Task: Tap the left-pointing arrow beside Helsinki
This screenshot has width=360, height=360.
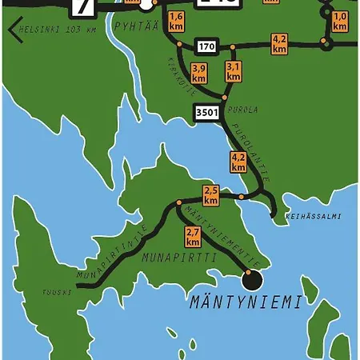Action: pyautogui.click(x=14, y=30)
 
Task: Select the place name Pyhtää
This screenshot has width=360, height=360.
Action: pyautogui.click(x=136, y=26)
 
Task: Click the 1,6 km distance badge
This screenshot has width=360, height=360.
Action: pyautogui.click(x=177, y=22)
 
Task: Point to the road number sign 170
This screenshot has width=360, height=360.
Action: pyautogui.click(x=206, y=45)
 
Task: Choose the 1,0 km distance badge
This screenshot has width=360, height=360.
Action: pyautogui.click(x=340, y=22)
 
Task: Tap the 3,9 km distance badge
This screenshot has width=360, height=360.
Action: pyautogui.click(x=199, y=73)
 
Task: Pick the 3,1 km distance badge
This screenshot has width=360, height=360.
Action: pyautogui.click(x=234, y=72)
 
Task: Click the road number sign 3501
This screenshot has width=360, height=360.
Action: pyautogui.click(x=206, y=113)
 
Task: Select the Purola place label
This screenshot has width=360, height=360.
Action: pyautogui.click(x=247, y=110)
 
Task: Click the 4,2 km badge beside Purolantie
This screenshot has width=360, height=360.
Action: pyautogui.click(x=238, y=162)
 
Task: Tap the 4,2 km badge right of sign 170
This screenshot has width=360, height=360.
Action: pyautogui.click(x=279, y=43)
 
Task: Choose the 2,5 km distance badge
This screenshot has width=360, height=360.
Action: pyautogui.click(x=211, y=195)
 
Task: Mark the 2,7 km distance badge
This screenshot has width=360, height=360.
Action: pyautogui.click(x=193, y=236)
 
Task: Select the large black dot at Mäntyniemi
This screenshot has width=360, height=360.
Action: pyautogui.click(x=252, y=280)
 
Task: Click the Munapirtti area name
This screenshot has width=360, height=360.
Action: pyautogui.click(x=170, y=258)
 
